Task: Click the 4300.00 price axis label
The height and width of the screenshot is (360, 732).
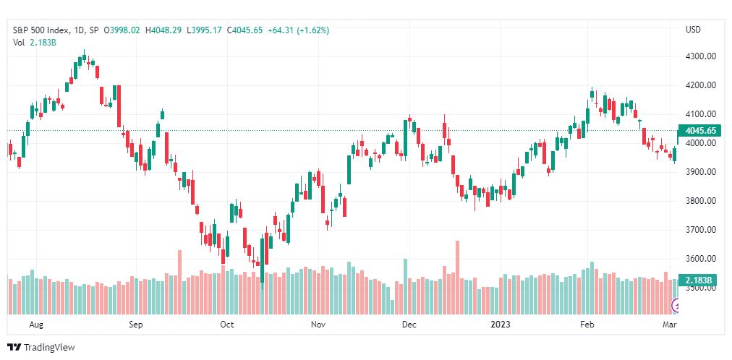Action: [700, 56]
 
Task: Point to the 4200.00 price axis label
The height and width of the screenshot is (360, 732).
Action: [700, 85]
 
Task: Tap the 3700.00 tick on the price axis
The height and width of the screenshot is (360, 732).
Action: [700, 230]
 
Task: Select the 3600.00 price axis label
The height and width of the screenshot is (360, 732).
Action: [700, 259]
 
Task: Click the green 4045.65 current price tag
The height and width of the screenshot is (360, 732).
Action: [701, 131]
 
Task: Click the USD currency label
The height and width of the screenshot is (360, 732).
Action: [693, 30]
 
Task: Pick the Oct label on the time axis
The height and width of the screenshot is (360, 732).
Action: [227, 325]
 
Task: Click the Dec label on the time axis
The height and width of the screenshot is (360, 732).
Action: [409, 325]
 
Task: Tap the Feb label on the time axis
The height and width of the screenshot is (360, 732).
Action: [587, 325]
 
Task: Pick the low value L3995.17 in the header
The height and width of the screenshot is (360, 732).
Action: [205, 30]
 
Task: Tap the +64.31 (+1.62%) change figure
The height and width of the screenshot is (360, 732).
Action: [298, 30]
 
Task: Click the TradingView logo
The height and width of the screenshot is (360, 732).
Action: [41, 347]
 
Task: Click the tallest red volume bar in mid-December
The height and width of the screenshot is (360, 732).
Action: [457, 278]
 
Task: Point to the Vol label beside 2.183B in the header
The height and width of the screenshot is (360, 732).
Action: [19, 43]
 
